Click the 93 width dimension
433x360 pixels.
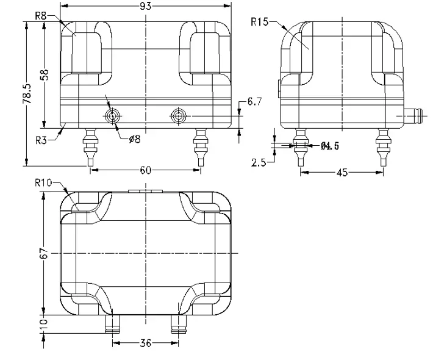[146, 5]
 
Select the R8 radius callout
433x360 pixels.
[41, 16]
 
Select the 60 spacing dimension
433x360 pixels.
[146, 170]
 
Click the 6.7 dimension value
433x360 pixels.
[254, 102]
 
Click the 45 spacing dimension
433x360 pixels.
[342, 173]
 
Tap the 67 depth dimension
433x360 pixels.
[43, 253]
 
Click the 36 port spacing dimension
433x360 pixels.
[145, 344]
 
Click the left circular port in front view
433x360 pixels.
[112, 116]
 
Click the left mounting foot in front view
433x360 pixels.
[90, 146]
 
